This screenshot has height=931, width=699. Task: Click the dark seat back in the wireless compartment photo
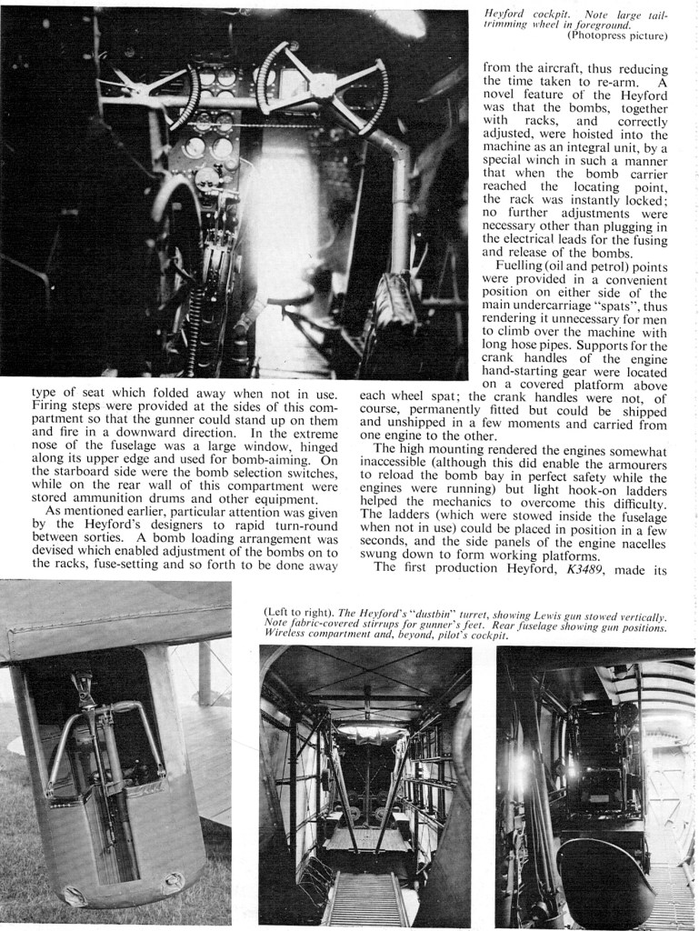[x=604, y=876]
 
